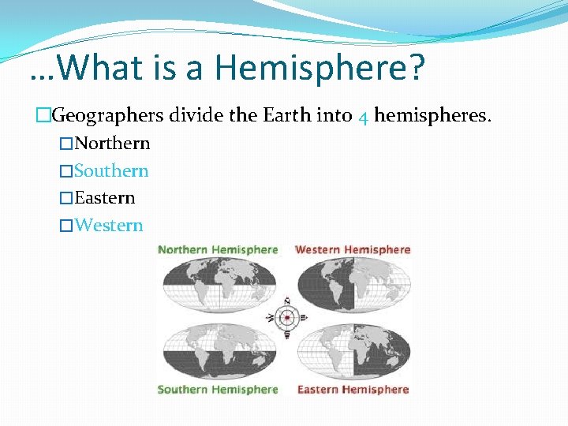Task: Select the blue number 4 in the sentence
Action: pyautogui.click(x=363, y=118)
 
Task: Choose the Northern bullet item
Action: pyautogui.click(x=112, y=144)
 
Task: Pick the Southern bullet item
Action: pyautogui.click(x=111, y=170)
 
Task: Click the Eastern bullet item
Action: pyautogui.click(x=105, y=197)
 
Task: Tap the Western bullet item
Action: pyautogui.click(x=109, y=225)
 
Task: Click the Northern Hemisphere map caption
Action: pyautogui.click(x=218, y=249)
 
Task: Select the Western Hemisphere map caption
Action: pyautogui.click(x=353, y=249)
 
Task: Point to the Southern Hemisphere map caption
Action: pyautogui.click(x=218, y=389)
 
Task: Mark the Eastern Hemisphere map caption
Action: pyautogui.click(x=353, y=389)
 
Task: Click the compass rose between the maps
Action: pyautogui.click(x=287, y=318)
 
